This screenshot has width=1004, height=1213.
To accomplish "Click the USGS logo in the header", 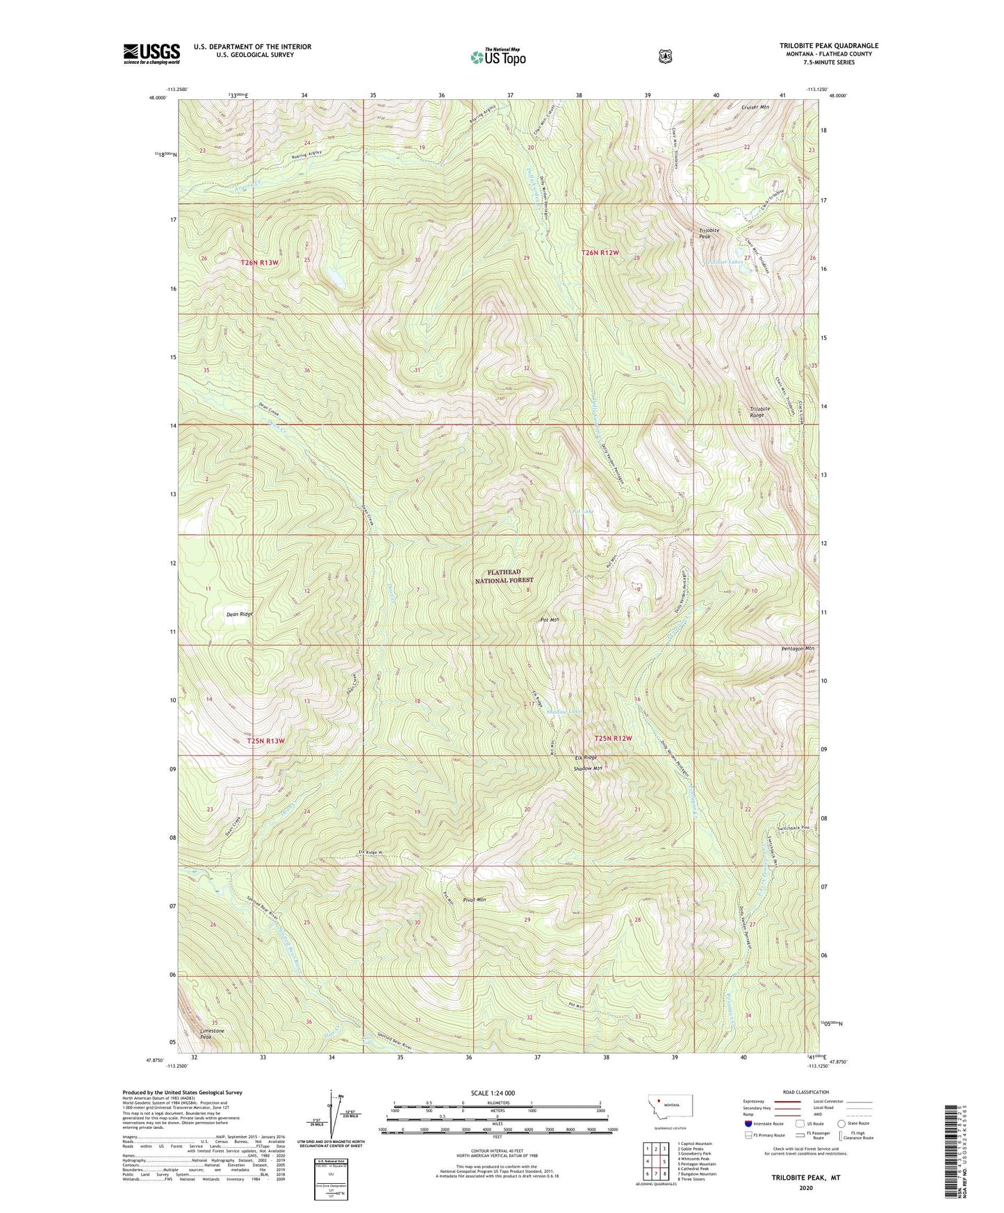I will pyautogui.click(x=151, y=53).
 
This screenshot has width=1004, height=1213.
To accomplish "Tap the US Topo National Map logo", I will pyautogui.click(x=497, y=56).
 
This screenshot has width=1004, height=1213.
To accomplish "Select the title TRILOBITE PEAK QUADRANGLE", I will pyautogui.click(x=828, y=46).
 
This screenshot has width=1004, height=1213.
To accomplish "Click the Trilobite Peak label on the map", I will pyautogui.click(x=709, y=233).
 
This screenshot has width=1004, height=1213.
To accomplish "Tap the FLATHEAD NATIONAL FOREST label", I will pyautogui.click(x=504, y=576).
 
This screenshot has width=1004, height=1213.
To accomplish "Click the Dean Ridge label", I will pyautogui.click(x=240, y=614).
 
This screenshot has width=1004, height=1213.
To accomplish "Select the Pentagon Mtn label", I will pyautogui.click(x=797, y=648).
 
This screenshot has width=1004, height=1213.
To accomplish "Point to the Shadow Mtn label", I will pyautogui.click(x=587, y=768).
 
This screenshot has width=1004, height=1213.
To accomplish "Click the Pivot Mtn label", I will pyautogui.click(x=474, y=900).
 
